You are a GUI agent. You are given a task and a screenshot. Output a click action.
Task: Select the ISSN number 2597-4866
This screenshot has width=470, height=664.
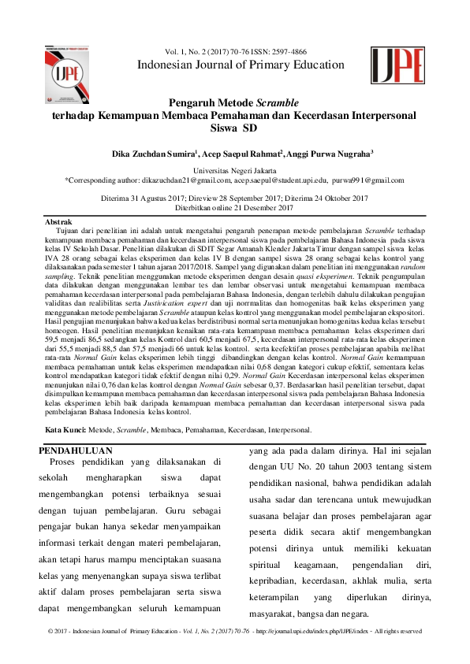[290, 50]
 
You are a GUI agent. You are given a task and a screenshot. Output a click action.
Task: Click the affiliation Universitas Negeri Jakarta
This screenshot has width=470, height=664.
[235, 170]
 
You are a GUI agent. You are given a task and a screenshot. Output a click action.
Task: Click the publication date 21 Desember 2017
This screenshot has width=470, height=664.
[256, 207]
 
